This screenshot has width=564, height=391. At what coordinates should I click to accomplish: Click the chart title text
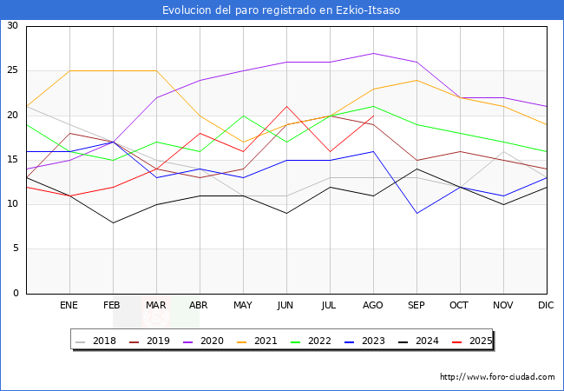(282, 10)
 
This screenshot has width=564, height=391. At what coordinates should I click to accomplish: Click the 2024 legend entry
(423, 341)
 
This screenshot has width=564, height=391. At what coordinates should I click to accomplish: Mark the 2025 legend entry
(475, 341)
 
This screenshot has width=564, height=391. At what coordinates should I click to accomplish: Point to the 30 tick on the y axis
(12, 26)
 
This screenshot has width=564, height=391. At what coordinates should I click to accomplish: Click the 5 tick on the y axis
(15, 249)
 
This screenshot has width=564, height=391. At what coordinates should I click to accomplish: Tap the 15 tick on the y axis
(12, 160)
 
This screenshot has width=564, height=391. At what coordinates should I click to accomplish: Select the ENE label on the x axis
(69, 306)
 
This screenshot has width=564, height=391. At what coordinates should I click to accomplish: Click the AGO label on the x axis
(373, 306)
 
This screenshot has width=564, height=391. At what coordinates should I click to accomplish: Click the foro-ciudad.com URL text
(497, 377)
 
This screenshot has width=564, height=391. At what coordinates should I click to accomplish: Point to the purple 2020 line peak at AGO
(373, 53)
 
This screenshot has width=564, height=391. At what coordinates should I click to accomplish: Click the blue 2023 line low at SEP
(416, 214)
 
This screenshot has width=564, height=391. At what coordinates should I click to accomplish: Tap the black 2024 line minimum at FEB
(113, 222)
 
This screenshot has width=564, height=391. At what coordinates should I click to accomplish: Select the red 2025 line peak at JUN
(286, 106)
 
